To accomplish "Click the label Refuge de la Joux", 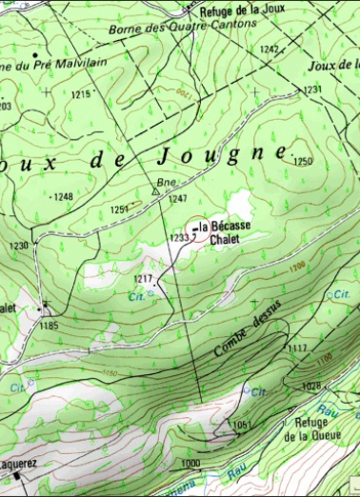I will click(243, 11).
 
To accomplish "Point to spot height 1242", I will click(270, 50).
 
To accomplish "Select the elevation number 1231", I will click(312, 89).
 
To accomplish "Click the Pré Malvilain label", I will click(55, 64).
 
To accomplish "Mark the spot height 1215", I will click(80, 94).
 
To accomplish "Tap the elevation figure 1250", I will click(303, 162).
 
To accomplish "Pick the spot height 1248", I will click(63, 197).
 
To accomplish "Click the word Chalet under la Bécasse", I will click(221, 239).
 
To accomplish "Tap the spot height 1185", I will click(49, 326).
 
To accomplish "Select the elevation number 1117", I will click(297, 349).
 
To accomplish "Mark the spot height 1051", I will click(241, 424).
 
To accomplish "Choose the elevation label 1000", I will click(190, 463).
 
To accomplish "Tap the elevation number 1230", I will click(19, 247).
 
